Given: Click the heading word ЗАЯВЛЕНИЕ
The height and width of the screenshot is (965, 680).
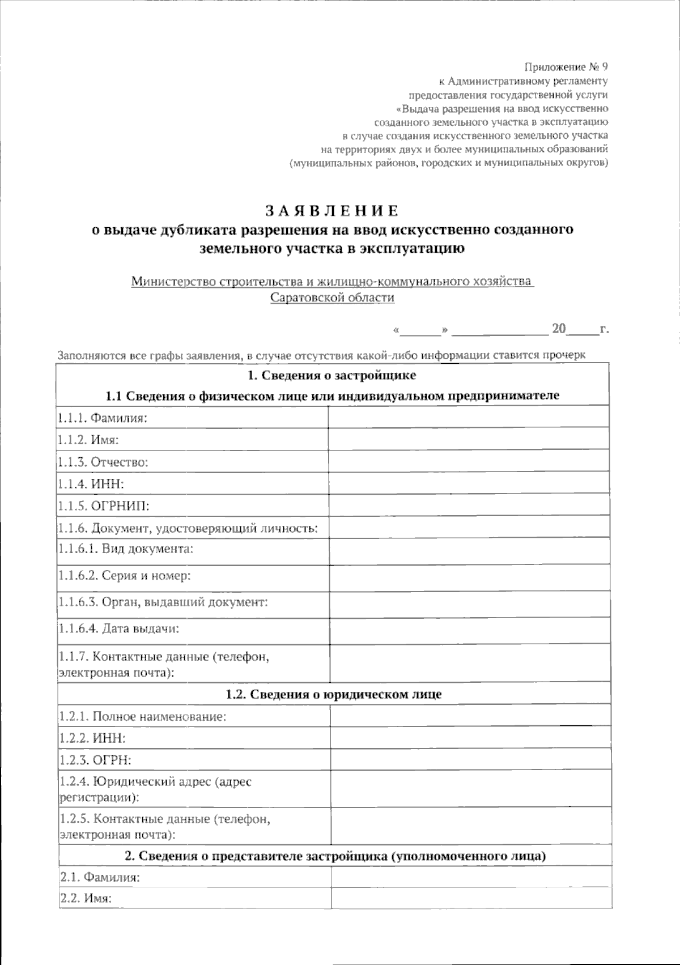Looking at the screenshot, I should [332, 211].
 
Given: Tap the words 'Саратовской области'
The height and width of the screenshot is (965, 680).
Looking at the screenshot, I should [332, 297].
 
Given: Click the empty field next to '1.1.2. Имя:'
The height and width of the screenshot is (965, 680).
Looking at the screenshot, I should [469, 440].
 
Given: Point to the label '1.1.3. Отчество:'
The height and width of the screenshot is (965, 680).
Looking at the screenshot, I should [103, 462].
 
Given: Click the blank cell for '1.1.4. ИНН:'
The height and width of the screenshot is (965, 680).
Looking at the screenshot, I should [469, 483].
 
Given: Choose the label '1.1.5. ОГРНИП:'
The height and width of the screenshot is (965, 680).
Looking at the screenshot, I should [103, 505].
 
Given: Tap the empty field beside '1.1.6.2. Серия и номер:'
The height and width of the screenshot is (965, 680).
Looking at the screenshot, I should [469, 577].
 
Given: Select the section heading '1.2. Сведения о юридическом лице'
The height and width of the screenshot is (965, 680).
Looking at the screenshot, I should [333, 694].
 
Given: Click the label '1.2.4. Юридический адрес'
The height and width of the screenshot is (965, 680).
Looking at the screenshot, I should [155, 782].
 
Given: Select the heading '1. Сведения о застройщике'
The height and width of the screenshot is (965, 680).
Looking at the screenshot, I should [332, 375].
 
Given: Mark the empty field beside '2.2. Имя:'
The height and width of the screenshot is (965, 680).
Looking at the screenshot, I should [470, 899].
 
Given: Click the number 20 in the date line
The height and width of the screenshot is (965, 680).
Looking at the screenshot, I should [559, 329].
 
